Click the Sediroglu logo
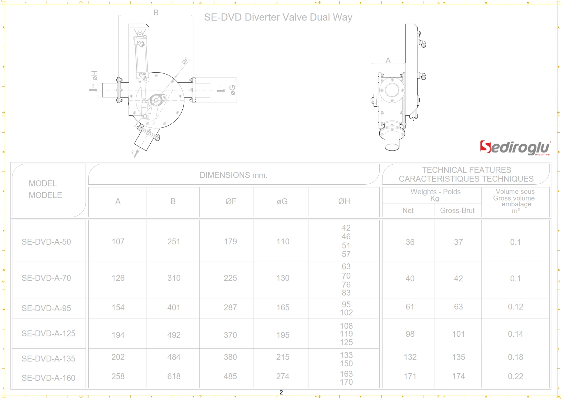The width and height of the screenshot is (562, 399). coord(515,148)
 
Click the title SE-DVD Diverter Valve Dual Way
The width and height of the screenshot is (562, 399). coord(278,17)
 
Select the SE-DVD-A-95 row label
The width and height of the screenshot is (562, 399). coord(46,308)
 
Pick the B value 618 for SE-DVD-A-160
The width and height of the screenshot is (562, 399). coord(174,376)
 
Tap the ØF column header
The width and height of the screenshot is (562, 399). coord(231,202)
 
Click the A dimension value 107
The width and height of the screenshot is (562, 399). coord(118,242)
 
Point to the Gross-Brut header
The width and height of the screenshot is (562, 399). coord(457,211)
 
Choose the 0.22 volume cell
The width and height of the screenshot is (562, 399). coord(515,376)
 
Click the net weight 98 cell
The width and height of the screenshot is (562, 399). coord(410,334)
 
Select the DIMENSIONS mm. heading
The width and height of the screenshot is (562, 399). coord(233,175)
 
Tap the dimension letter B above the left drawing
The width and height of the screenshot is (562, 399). coord(156,12)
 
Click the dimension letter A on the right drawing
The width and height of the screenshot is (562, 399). coord(388,61)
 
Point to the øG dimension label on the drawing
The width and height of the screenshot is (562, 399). coord(232,90)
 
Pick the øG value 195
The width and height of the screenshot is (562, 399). coord(283,335)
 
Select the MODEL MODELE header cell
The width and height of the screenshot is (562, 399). coord(45,189)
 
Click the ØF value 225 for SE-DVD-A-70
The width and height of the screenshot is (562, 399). coord(230,278)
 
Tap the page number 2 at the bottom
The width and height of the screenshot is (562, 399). coord(281,392)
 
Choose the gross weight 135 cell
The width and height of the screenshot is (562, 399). coord(458,357)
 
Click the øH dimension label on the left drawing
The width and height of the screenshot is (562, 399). coord(95,75)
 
